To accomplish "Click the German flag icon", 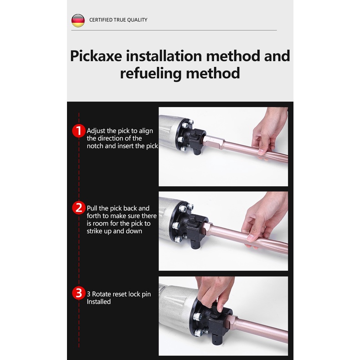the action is [78, 21].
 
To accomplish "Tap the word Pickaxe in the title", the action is [96, 56].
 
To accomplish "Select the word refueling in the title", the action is [151, 73].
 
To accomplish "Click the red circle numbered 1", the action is [79, 131].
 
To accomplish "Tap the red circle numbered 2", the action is [79, 208].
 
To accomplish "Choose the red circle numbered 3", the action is [79, 293].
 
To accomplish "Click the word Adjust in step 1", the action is [96, 131].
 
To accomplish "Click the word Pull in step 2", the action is [92, 208].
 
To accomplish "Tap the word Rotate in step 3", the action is [102, 294].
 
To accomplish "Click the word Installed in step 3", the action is [99, 302].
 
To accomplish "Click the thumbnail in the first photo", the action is [261, 152].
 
